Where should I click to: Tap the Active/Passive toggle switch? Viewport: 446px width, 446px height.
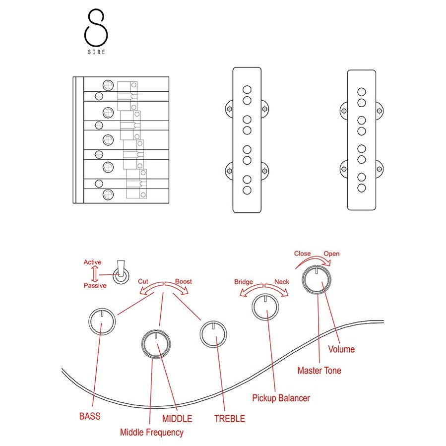[120, 274]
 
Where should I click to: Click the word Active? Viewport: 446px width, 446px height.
[92, 262]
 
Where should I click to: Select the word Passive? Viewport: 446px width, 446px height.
[95, 286]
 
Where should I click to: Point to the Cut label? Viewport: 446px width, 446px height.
[143, 281]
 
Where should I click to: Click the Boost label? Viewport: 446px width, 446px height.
[183, 281]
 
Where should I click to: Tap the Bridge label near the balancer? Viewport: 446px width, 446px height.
[244, 282]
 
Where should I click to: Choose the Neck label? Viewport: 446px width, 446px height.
[281, 282]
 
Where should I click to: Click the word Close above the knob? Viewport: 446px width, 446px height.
[302, 254]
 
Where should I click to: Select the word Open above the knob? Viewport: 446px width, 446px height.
[331, 254]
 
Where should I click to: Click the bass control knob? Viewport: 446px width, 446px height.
[102, 321]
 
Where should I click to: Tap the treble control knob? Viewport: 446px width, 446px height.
[213, 333]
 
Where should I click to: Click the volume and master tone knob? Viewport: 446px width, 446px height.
[317, 279]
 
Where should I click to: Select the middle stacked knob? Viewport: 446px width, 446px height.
[156, 343]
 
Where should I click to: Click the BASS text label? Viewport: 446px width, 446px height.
[90, 416]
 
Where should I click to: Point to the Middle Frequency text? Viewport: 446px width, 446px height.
[151, 432]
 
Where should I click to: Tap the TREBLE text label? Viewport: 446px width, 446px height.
[229, 418]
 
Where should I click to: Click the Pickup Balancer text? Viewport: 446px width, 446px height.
[281, 398]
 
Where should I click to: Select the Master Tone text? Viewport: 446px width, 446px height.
[319, 370]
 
